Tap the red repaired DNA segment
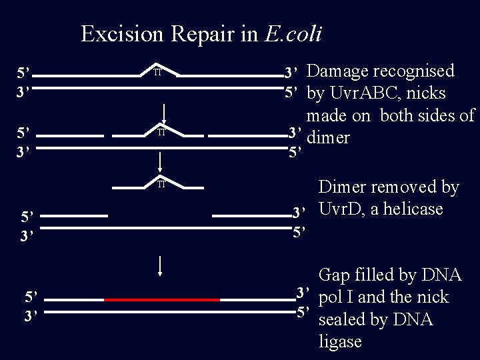tap(162, 300)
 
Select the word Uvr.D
tap(344, 209)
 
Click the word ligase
tap(341, 342)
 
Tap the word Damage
tap(339, 71)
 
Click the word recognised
tap(414, 71)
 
